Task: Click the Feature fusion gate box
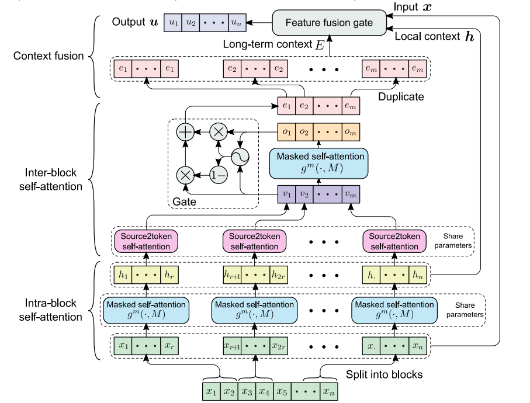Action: [331, 22]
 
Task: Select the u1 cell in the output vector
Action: [173, 22]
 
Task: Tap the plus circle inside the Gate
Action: [185, 133]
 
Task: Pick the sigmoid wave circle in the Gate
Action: [240, 155]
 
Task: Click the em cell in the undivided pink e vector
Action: [350, 107]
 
